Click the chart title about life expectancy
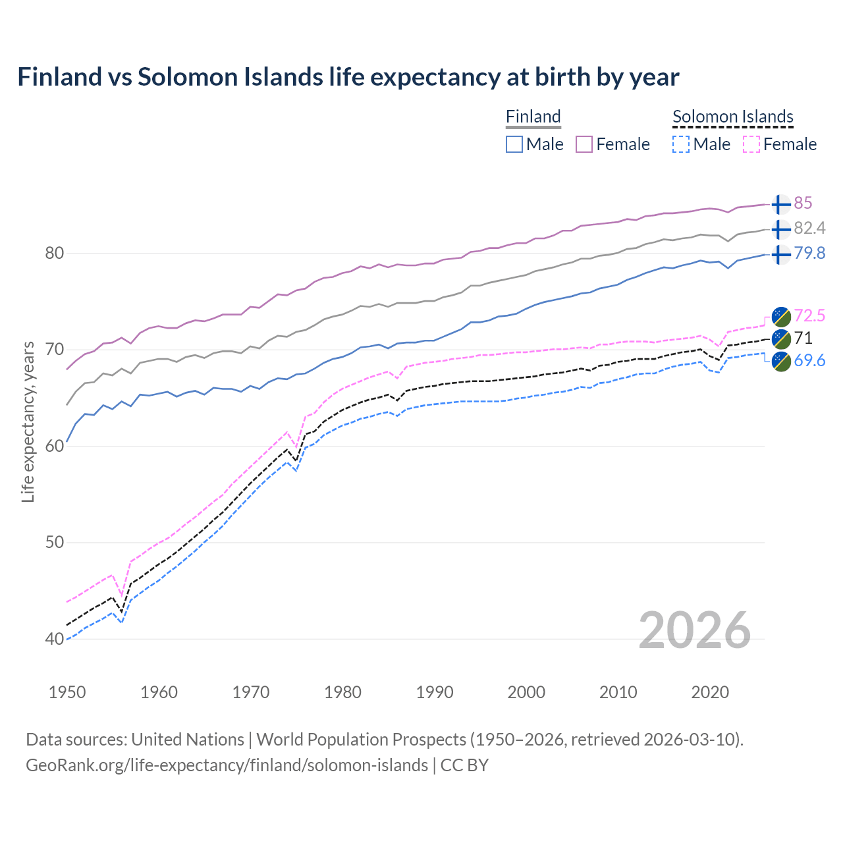pyautogui.click(x=348, y=77)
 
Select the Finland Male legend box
pyautogui.click(x=514, y=144)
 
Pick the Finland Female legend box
pyautogui.click(x=584, y=144)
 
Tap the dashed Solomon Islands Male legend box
pyautogui.click(x=681, y=144)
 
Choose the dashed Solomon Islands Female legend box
pyautogui.click(x=751, y=144)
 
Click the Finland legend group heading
pyautogui.click(x=533, y=117)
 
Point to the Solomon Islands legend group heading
pyautogui.click(x=732, y=117)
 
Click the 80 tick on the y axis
pyautogui.click(x=55, y=254)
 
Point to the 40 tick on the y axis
pyautogui.click(x=55, y=639)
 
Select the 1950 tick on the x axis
pyautogui.click(x=67, y=692)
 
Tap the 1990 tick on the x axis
pyautogui.click(x=435, y=692)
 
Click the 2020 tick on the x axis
pyautogui.click(x=710, y=692)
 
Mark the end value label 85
pyautogui.click(x=803, y=204)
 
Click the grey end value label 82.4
pyautogui.click(x=809, y=229)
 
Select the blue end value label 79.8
pyautogui.click(x=809, y=254)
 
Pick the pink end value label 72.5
pyautogui.click(x=809, y=316)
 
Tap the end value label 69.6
pyautogui.click(x=809, y=361)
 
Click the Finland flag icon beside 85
pyautogui.click(x=780, y=204)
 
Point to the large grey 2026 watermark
pyautogui.click(x=694, y=630)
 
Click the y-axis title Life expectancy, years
pyautogui.click(x=28, y=421)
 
